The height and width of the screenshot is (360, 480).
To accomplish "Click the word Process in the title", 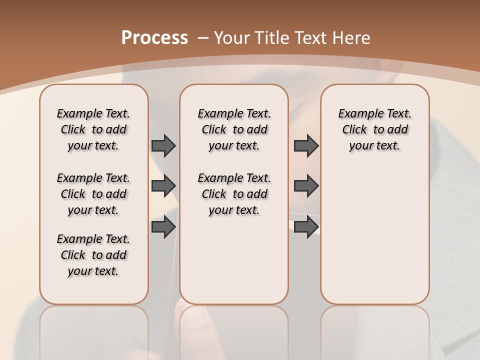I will pyautogui.click(x=154, y=38).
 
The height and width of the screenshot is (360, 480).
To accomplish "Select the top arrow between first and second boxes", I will pyautogui.click(x=163, y=145).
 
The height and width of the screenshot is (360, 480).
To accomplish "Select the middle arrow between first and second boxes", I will pyautogui.click(x=163, y=186).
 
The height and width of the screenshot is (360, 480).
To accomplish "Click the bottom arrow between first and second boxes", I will pyautogui.click(x=163, y=226).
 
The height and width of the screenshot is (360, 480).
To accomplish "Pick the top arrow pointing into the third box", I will pyautogui.click(x=306, y=145).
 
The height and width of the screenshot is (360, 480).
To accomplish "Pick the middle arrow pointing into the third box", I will pyautogui.click(x=306, y=186).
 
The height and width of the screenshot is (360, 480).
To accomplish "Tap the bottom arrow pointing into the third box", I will pyautogui.click(x=306, y=226).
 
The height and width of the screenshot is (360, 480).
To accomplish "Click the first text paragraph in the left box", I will pyautogui.click(x=93, y=129).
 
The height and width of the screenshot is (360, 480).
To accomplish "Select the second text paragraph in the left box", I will pyautogui.click(x=93, y=194).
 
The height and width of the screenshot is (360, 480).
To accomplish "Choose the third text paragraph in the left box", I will pyautogui.click(x=93, y=255).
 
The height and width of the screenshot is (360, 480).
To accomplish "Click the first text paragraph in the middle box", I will pyautogui.click(x=234, y=129).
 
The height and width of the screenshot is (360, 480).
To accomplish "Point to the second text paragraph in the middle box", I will pyautogui.click(x=234, y=194).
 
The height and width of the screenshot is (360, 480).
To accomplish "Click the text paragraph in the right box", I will pyautogui.click(x=374, y=129).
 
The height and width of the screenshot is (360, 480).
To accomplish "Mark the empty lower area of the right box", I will pyautogui.click(x=374, y=240).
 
